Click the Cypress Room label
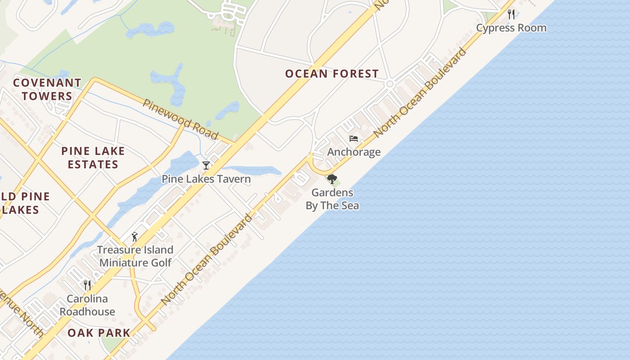pyautogui.click(x=511, y=28)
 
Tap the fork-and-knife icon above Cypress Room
pyautogui.click(x=511, y=14)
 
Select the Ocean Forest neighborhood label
pyautogui.click(x=332, y=74)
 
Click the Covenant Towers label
pyautogui.click(x=47, y=89)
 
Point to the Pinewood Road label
pyautogui.click(x=180, y=119)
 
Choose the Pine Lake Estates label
pyautogui.click(x=93, y=157)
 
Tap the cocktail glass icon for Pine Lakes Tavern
pyautogui.click(x=206, y=166)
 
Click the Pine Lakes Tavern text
pyautogui.click(x=206, y=179)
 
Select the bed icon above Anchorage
pyautogui.click(x=354, y=139)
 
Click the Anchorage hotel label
pyautogui.click(x=354, y=152)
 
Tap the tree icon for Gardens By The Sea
pyautogui.click(x=332, y=179)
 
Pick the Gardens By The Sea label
pyautogui.click(x=332, y=199)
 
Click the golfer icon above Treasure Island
pyautogui.click(x=134, y=236)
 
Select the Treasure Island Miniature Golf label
pyautogui.click(x=135, y=256)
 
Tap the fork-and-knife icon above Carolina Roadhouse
pyautogui.click(x=87, y=285)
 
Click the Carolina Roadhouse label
pyautogui.click(x=87, y=305)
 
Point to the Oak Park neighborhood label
pyautogui.click(x=99, y=333)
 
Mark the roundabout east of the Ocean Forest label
pyautogui.click(x=390, y=84)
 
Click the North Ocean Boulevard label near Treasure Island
pyautogui.click(x=207, y=260)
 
